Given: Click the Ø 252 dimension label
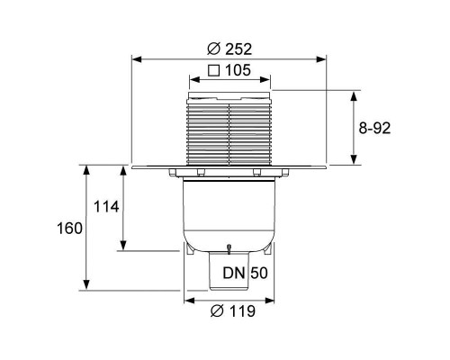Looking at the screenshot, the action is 229,49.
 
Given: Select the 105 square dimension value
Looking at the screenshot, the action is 238,70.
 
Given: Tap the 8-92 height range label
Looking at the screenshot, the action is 374,129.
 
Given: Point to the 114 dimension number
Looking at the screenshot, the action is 106,207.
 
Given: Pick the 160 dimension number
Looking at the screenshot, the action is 69,229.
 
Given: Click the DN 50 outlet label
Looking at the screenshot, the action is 245,273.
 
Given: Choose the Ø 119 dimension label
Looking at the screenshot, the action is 233,310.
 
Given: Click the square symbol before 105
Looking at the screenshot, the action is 214,71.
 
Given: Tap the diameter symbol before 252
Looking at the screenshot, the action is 213,49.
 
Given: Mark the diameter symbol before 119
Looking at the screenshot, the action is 217,311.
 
